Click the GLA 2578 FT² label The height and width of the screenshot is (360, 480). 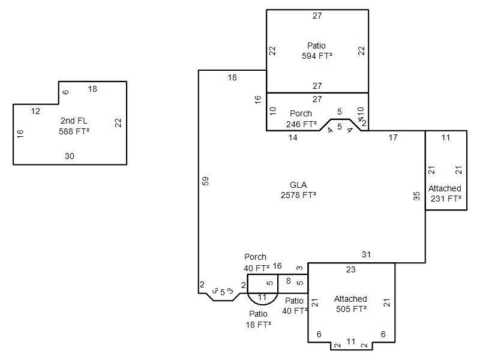[298, 190]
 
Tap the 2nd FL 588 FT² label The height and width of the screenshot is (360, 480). [74, 126]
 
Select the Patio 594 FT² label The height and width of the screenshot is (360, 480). [317, 51]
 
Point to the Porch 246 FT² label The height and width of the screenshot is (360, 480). [301, 119]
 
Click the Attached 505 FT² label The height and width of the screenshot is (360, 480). [351, 304]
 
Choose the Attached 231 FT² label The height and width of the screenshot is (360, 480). [445, 193]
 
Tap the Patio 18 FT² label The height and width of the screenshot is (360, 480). [259, 319]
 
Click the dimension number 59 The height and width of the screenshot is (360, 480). [205, 181]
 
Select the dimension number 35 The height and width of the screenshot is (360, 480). [416, 196]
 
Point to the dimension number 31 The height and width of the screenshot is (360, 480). [366, 254]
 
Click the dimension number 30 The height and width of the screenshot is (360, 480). [70, 156]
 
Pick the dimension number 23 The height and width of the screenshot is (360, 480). [351, 269]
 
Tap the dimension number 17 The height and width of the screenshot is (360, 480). [393, 137]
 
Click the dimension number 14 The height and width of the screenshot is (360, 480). [293, 137]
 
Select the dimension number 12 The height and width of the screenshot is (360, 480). [35, 111]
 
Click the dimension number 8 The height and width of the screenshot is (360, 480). [289, 281]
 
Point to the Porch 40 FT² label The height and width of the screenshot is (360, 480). [256, 263]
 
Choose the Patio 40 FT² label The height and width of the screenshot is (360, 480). [295, 306]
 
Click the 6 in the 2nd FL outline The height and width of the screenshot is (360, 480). [65, 92]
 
